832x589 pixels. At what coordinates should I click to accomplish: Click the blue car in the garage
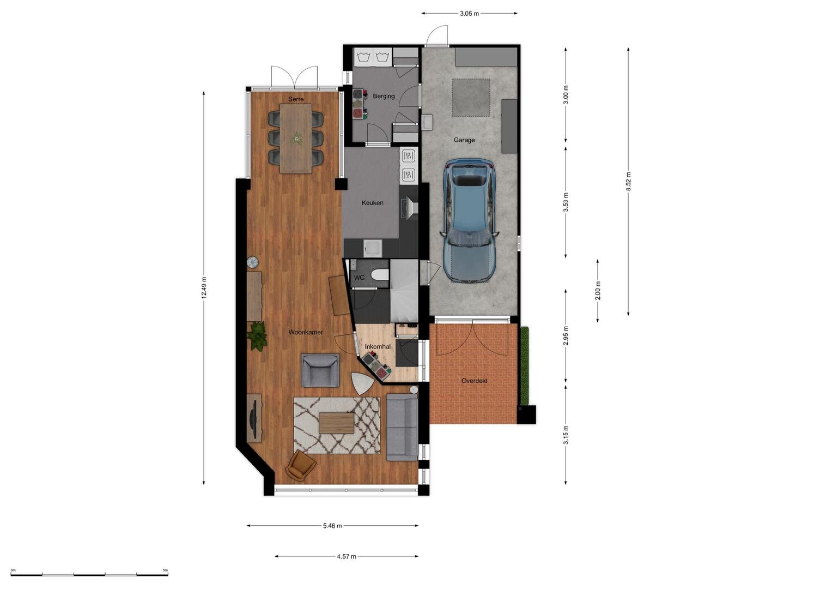pos(470,221)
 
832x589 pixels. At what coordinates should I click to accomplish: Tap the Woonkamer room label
pos(306,333)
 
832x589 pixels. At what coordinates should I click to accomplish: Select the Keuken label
pos(373,203)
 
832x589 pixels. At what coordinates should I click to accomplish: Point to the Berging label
pos(384,97)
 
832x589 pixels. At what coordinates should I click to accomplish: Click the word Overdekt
pos(475,381)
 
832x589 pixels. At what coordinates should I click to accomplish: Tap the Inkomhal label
pos(378,346)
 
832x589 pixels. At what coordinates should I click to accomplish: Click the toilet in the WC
pos(380,275)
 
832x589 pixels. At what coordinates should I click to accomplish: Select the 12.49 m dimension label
pos(204,288)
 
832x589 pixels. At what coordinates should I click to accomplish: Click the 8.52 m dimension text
pos(628,182)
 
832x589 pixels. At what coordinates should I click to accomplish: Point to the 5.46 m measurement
pos(332,526)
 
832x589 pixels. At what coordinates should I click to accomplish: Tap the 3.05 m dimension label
pos(470,14)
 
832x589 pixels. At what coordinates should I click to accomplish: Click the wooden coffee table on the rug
pos(337,423)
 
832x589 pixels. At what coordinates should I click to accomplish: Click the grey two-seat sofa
pos(402,427)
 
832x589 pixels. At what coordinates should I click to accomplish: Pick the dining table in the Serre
pos(296,139)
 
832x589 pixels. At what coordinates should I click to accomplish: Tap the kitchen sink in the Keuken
pos(373,248)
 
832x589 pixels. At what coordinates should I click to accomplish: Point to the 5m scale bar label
pos(165,570)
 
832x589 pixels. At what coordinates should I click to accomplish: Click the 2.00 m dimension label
pos(598,290)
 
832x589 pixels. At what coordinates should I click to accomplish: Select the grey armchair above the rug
pos(320,370)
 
